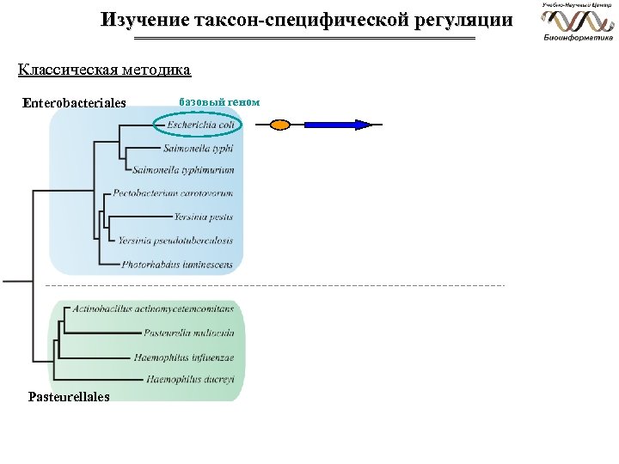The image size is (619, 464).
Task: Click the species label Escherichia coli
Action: click(x=200, y=125)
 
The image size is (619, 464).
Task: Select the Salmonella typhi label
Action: click(x=198, y=149)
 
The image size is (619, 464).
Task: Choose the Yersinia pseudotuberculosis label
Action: click(x=175, y=241)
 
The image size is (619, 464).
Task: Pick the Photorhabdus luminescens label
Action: click(x=177, y=265)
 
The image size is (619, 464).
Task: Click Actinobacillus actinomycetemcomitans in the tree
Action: click(x=153, y=308)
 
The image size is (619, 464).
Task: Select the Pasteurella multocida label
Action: click(x=188, y=333)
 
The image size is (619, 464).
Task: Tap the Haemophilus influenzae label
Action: click(x=184, y=357)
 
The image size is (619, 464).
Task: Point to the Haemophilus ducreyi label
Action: click(x=190, y=379)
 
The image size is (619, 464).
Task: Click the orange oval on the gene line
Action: click(x=280, y=125)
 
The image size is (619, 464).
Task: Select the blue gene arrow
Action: click(x=338, y=125)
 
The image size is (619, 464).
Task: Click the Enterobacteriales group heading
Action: click(x=75, y=103)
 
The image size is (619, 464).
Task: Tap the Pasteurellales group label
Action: click(x=69, y=397)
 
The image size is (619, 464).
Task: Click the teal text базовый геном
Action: click(x=219, y=101)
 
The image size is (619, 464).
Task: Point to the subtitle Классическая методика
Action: click(x=104, y=69)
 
